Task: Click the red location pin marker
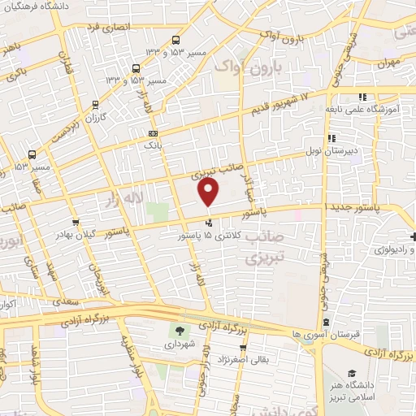pos(209,193)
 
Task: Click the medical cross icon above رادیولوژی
pos(412,235)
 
